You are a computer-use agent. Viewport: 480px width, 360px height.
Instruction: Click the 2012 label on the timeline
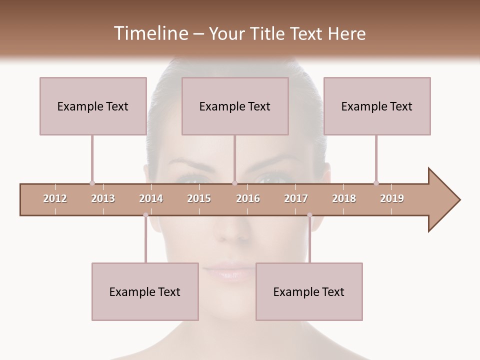pyautogui.click(x=55, y=198)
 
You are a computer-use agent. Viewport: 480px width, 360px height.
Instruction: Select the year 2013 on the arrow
pyautogui.click(x=103, y=198)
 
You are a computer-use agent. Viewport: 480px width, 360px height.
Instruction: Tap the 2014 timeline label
pyautogui.click(x=151, y=198)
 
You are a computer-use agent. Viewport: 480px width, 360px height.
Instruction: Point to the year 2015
pyautogui.click(x=199, y=198)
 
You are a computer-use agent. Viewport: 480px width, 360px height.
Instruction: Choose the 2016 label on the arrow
pyautogui.click(x=248, y=198)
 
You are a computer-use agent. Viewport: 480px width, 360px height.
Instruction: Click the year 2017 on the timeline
pyautogui.click(x=296, y=198)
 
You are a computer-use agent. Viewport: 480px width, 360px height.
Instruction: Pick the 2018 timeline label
pyautogui.click(x=344, y=198)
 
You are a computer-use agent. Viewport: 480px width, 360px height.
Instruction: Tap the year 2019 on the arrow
pyautogui.click(x=392, y=198)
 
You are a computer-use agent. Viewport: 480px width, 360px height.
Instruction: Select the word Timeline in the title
pyautogui.click(x=149, y=33)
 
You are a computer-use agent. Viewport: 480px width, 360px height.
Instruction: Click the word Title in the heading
pyautogui.click(x=267, y=33)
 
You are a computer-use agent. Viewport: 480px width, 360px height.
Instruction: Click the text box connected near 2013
pyautogui.click(x=93, y=106)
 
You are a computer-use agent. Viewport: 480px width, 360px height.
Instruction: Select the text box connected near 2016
pyautogui.click(x=235, y=106)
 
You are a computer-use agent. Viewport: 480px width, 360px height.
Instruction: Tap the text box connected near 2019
pyautogui.click(x=377, y=106)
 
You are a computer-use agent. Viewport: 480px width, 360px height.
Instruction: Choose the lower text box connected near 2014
pyautogui.click(x=145, y=291)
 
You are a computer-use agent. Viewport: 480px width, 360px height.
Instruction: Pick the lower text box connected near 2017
pyautogui.click(x=309, y=291)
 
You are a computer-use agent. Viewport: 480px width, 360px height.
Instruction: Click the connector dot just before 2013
pyautogui.click(x=92, y=183)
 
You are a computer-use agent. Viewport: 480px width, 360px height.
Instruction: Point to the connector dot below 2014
pyautogui.click(x=145, y=215)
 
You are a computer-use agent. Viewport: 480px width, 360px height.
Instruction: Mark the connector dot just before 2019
pyautogui.click(x=376, y=183)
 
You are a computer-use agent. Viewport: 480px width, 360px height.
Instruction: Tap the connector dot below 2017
pyautogui.click(x=309, y=215)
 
